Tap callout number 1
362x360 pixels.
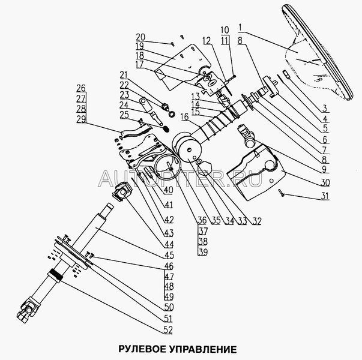(x=241, y=28)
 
